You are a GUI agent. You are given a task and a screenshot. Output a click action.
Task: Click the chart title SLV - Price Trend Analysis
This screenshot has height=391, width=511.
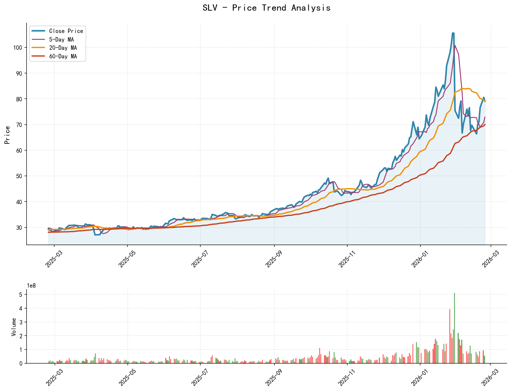tap(266, 8)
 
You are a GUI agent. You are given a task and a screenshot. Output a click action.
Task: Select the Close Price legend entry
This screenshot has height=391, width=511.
tap(66, 31)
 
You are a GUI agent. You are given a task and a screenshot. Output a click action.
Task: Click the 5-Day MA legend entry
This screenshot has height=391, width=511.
tap(61, 39)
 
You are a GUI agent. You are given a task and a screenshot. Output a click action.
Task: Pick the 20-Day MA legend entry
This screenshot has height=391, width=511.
tap(63, 48)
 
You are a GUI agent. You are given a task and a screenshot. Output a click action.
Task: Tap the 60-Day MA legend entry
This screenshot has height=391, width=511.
tap(63, 56)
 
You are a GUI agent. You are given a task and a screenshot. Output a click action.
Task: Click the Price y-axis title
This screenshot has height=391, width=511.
tap(8, 135)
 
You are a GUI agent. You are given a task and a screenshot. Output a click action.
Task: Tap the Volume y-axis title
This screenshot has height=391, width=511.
tap(14, 327)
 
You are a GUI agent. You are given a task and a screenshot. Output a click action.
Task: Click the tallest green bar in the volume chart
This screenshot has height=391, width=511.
tap(454, 328)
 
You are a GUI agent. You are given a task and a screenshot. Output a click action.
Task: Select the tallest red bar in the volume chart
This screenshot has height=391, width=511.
tap(450, 336)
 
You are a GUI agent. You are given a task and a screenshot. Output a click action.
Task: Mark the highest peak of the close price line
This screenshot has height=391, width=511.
tap(453, 33)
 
